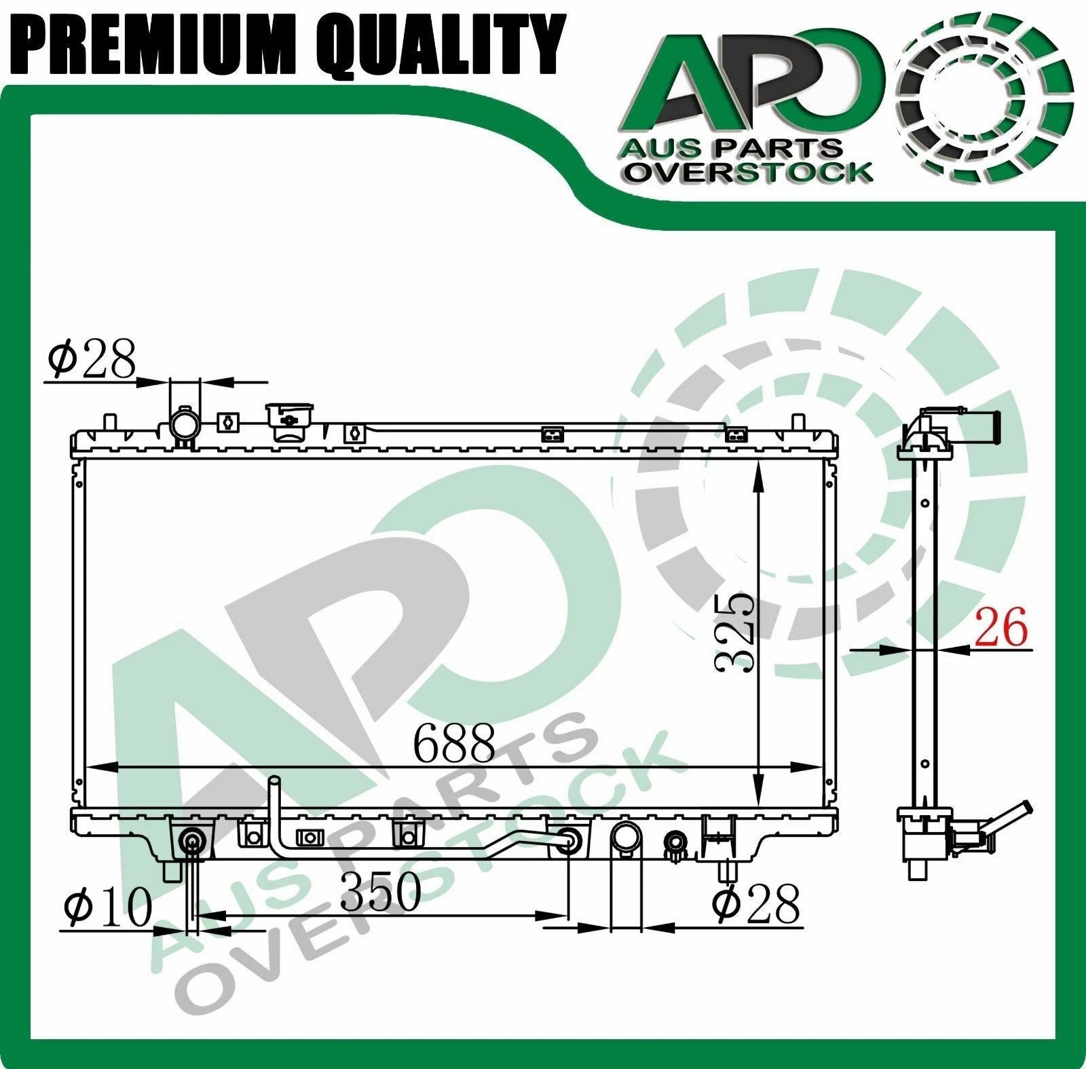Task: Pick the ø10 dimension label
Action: (x=109, y=907)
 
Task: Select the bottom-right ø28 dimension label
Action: (x=755, y=903)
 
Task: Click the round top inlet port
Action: (x=185, y=425)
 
